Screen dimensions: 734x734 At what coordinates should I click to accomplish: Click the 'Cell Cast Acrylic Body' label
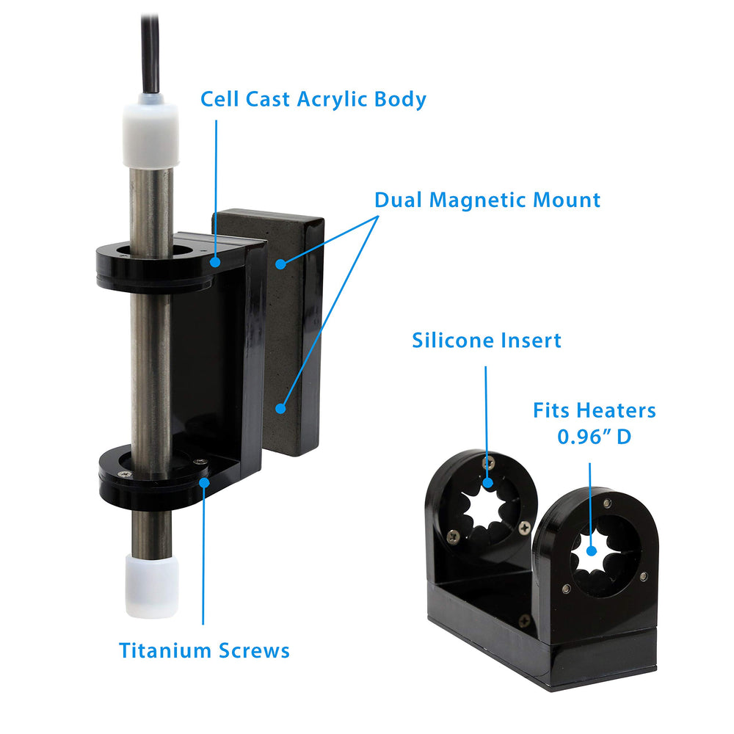pyautogui.click(x=313, y=99)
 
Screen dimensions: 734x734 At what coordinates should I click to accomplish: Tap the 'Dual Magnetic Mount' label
pyautogui.click(x=487, y=200)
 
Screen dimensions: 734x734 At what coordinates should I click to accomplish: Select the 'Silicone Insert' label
pyautogui.click(x=487, y=341)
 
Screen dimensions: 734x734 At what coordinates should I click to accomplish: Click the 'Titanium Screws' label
pyautogui.click(x=204, y=650)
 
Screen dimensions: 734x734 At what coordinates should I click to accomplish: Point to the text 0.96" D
pyautogui.click(x=594, y=436)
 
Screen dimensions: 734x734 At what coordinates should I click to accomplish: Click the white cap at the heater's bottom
pyautogui.click(x=152, y=586)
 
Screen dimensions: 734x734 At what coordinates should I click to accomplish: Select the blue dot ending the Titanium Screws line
pyautogui.click(x=204, y=483)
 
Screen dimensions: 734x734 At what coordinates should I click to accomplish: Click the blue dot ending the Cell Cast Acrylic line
pyautogui.click(x=215, y=262)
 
